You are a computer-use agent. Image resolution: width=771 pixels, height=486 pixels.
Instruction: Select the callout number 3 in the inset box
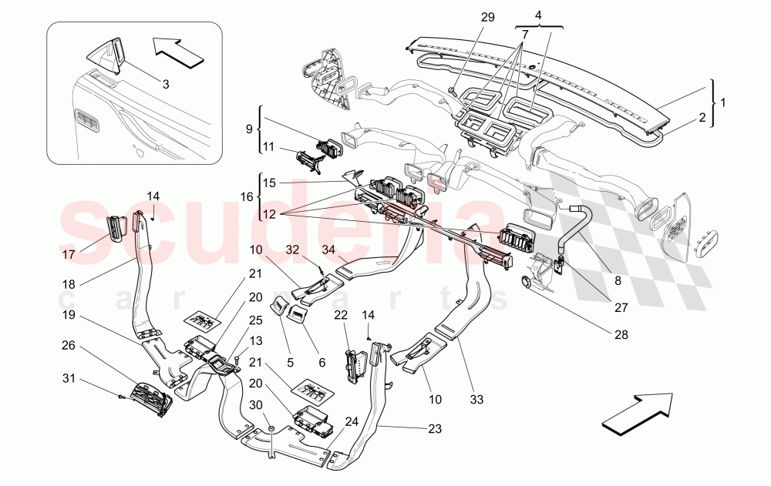[165, 85]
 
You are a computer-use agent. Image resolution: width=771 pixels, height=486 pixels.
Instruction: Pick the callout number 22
[341, 316]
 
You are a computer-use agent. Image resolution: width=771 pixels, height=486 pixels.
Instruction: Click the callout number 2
[702, 118]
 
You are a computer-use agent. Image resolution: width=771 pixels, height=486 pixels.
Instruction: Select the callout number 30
[256, 405]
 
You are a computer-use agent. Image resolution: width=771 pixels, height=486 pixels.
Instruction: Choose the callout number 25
[256, 320]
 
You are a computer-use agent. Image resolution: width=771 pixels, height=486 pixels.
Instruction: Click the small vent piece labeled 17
[116, 227]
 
